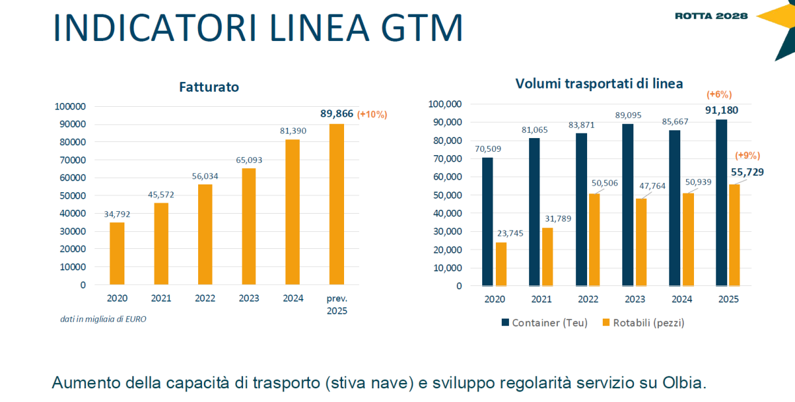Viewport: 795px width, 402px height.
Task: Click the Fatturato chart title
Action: pyautogui.click(x=209, y=87)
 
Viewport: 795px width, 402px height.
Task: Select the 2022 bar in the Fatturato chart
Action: pyautogui.click(x=205, y=234)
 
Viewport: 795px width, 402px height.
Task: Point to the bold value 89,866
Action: pyautogui.click(x=336, y=114)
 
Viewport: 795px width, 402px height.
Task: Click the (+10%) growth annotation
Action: pyautogui.click(x=372, y=115)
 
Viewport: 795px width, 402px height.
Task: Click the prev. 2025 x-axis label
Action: pyautogui.click(x=337, y=304)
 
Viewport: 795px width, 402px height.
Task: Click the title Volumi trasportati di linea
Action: pyautogui.click(x=599, y=83)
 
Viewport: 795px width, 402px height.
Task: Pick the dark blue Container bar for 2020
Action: pyautogui.click(x=487, y=222)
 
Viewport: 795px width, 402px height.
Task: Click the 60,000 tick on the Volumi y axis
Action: pyautogui.click(x=443, y=177)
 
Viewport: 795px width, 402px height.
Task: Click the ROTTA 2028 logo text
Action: pyautogui.click(x=712, y=16)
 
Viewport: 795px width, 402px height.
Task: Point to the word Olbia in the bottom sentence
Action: pyautogui.click(x=684, y=382)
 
